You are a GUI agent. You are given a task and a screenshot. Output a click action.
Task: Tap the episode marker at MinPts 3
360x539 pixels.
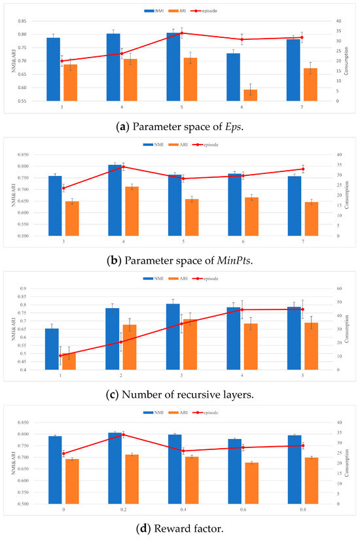click(x=63, y=188)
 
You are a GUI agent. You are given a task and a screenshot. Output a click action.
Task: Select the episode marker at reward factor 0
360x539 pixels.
click(x=63, y=453)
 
